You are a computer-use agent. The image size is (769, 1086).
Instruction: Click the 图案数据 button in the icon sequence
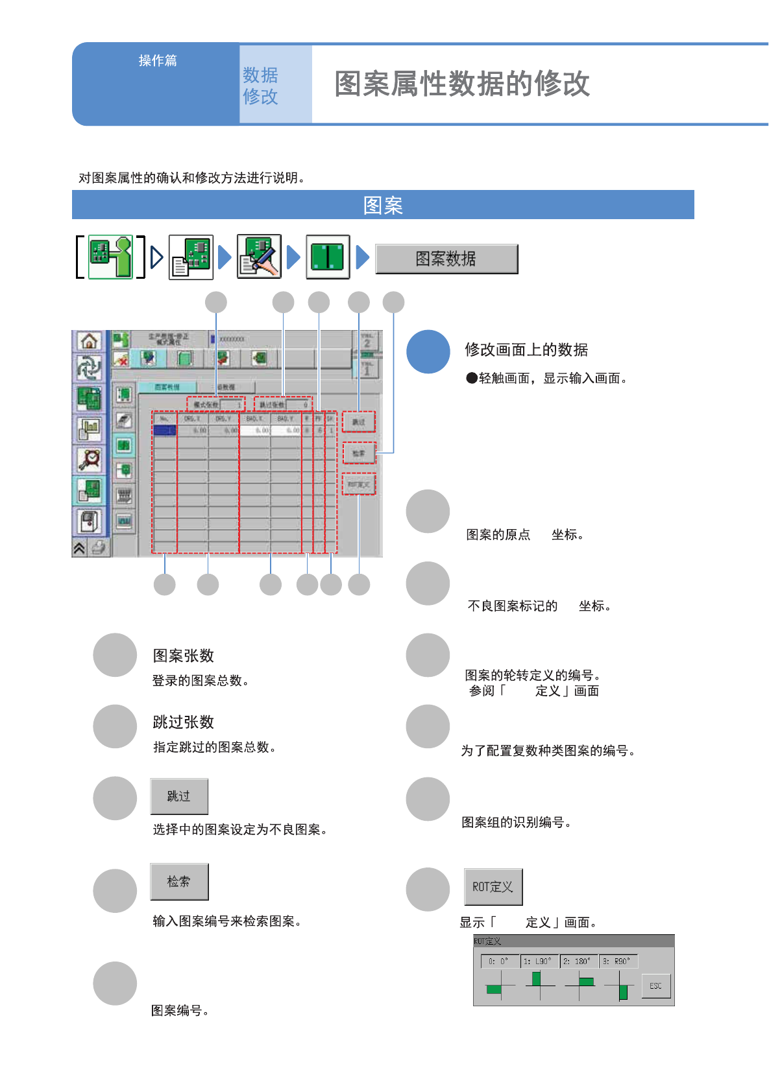click(446, 259)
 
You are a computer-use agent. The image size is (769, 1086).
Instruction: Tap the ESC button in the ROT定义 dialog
click(655, 986)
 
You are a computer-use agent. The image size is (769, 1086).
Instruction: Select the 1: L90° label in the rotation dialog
click(538, 961)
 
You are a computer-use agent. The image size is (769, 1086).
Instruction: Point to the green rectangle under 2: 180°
click(586, 982)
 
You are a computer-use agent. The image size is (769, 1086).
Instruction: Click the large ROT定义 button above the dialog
click(493, 886)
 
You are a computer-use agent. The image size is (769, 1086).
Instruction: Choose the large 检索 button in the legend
click(179, 881)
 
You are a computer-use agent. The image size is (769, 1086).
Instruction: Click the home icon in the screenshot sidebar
click(89, 341)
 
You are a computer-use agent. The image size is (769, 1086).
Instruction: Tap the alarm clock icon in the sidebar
click(89, 458)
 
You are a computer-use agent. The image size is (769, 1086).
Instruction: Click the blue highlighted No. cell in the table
click(165, 431)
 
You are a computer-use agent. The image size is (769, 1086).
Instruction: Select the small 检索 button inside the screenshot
click(359, 453)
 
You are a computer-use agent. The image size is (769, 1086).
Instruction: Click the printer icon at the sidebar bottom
click(99, 548)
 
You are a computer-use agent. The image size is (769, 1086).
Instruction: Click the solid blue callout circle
click(428, 352)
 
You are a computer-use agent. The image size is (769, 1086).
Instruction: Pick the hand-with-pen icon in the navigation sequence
click(259, 257)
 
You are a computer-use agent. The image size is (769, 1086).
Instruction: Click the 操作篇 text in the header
click(158, 60)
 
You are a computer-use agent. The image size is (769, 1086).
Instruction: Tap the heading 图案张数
click(183, 655)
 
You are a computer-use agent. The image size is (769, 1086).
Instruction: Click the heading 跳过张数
click(183, 722)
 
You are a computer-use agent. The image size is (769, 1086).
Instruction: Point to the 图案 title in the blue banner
click(383, 205)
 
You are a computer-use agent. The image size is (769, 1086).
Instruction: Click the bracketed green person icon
click(110, 257)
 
